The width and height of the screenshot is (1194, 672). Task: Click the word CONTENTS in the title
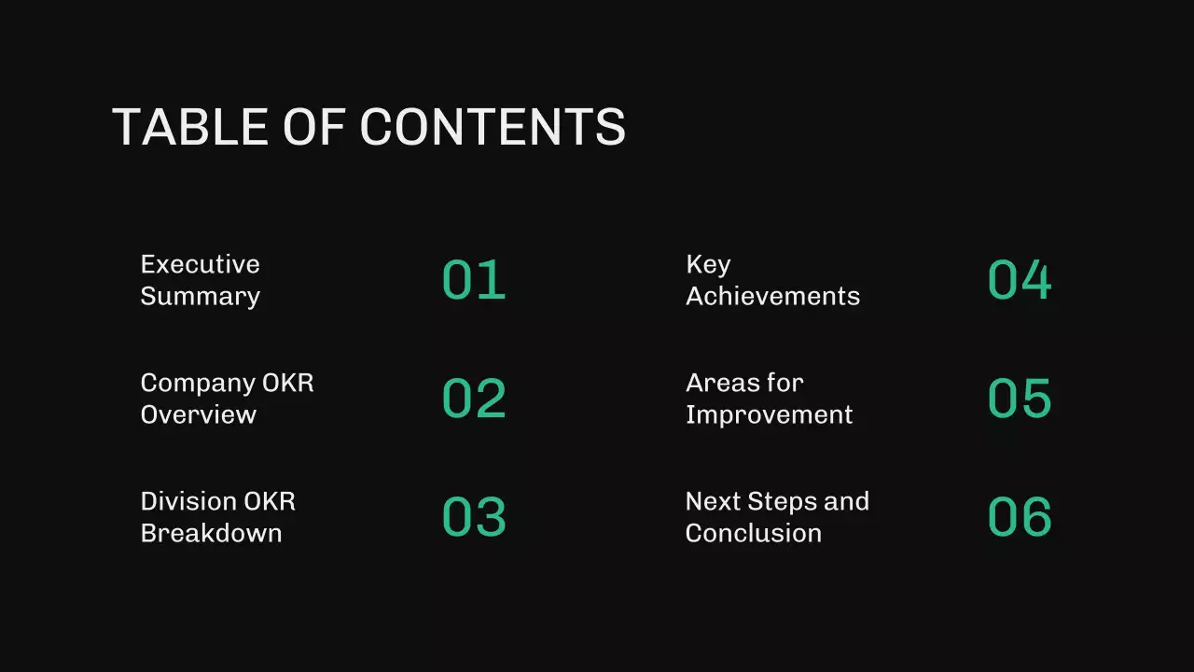493,126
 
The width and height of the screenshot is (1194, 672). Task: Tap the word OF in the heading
315,126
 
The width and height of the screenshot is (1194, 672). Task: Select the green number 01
474,280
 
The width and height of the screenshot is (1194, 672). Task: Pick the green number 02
474,399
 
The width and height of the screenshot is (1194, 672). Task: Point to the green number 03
474,517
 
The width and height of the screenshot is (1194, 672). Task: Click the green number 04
1020,280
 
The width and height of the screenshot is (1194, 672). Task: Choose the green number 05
1020,399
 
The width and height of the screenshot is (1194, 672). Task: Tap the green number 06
1020,517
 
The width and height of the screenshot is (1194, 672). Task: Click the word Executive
200,264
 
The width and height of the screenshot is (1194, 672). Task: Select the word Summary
200,297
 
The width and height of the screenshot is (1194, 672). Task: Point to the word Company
197,384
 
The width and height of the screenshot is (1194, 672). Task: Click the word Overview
198,414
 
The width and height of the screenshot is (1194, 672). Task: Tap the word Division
187,501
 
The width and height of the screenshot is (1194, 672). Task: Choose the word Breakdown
211,533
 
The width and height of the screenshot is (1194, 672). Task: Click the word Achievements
772,296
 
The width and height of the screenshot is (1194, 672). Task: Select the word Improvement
769,414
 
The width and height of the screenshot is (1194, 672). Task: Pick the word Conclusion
753,533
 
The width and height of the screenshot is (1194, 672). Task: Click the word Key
708,265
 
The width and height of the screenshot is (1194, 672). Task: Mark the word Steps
782,502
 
